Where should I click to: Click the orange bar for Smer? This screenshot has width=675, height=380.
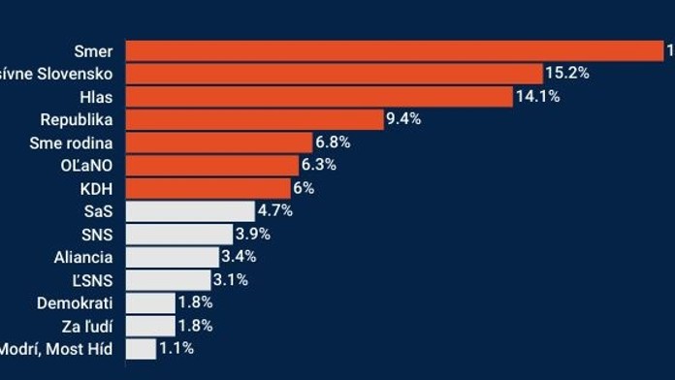click(x=394, y=50)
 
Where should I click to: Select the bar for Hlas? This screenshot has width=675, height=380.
click(x=318, y=96)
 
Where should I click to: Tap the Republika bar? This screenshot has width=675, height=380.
click(x=254, y=119)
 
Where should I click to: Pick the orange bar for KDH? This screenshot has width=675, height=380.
click(x=208, y=188)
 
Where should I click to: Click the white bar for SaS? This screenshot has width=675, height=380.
click(x=189, y=210)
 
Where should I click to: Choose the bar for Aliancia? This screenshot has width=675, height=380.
click(x=172, y=257)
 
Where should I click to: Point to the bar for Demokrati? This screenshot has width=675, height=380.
click(x=150, y=302)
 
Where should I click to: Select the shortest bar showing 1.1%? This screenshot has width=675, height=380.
click(x=141, y=348)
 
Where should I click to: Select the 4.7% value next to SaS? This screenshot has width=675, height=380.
click(x=274, y=210)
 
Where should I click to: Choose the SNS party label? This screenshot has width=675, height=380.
click(x=97, y=234)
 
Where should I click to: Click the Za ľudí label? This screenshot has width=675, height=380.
click(x=85, y=326)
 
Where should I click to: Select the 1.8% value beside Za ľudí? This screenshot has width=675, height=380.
click(x=195, y=326)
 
